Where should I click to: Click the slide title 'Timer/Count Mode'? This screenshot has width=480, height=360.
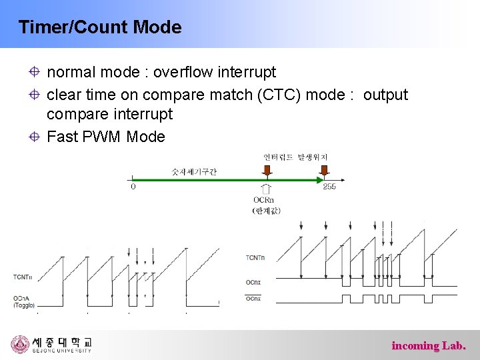[100, 27]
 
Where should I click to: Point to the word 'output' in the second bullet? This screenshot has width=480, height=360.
[385, 95]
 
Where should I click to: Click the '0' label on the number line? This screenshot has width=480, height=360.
[133, 187]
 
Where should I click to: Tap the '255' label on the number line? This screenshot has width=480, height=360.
[329, 187]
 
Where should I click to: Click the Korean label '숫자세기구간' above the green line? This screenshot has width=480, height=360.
[194, 171]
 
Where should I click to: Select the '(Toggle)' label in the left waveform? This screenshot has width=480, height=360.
[23, 305]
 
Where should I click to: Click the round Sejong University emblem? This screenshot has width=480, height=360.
[21, 345]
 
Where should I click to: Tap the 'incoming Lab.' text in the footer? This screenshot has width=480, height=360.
[429, 345]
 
